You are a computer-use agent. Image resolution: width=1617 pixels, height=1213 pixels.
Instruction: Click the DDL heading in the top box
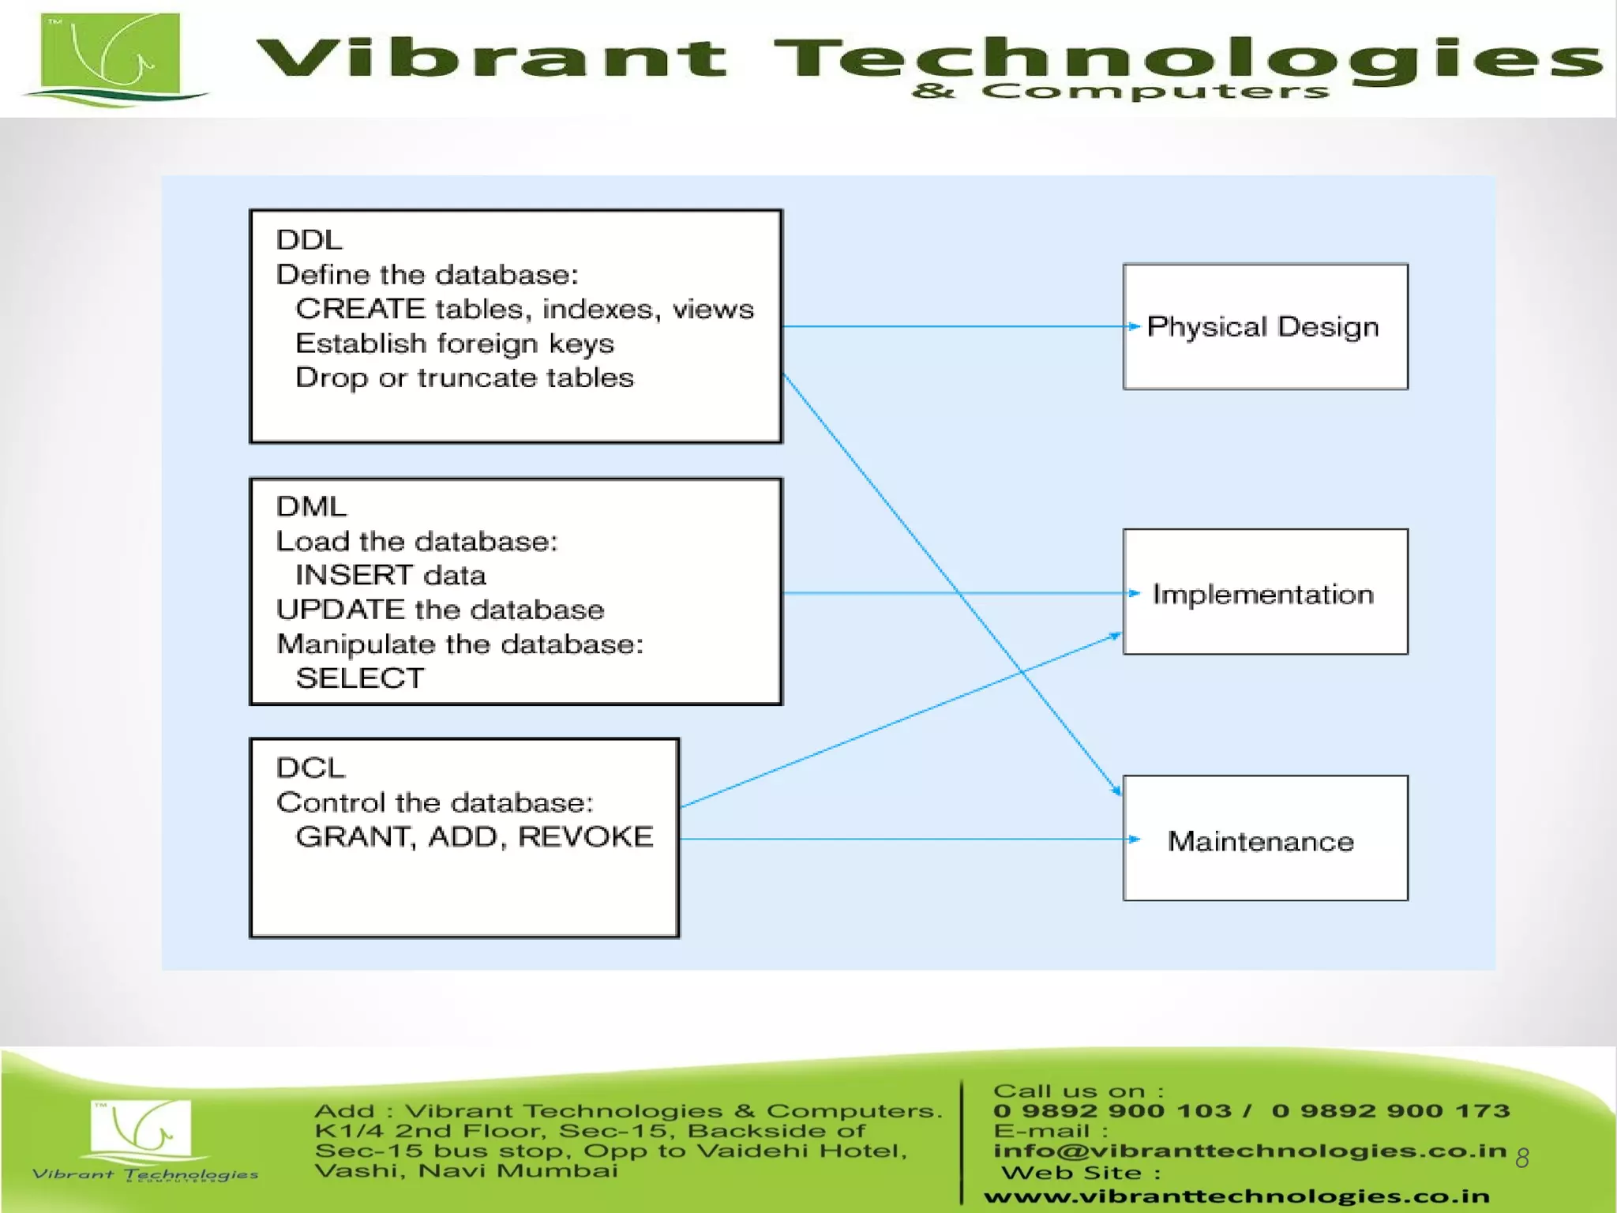[309, 239]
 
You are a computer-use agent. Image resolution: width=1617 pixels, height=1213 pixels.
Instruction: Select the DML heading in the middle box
[311, 506]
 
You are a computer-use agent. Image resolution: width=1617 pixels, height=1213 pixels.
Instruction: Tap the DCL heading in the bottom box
[310, 768]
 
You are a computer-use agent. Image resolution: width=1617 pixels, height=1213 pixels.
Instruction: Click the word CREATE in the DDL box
[360, 309]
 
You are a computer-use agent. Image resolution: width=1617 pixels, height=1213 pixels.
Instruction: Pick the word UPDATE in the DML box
[340, 610]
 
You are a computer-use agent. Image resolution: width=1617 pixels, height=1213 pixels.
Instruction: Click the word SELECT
[360, 678]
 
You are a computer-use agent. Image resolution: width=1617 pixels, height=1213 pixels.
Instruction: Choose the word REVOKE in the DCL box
[585, 836]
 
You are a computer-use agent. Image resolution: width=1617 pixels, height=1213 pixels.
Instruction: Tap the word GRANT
[353, 836]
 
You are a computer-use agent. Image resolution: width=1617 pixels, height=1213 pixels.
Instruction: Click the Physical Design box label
[1262, 327]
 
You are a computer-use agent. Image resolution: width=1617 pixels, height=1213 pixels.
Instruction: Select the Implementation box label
[1262, 594]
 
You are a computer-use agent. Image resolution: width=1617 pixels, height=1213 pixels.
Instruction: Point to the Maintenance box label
[1261, 841]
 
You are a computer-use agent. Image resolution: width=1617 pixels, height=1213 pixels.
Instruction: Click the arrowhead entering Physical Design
[1134, 326]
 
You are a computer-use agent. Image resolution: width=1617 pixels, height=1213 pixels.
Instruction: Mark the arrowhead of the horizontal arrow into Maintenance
[1134, 839]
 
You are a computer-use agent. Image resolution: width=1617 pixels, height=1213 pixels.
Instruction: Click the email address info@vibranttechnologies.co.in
[1250, 1151]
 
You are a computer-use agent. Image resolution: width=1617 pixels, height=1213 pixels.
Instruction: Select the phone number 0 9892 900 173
[1390, 1111]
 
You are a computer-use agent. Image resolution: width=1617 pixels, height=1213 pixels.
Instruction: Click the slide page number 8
[1522, 1158]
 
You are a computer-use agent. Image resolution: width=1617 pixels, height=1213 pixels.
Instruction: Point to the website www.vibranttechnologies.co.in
[1236, 1196]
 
